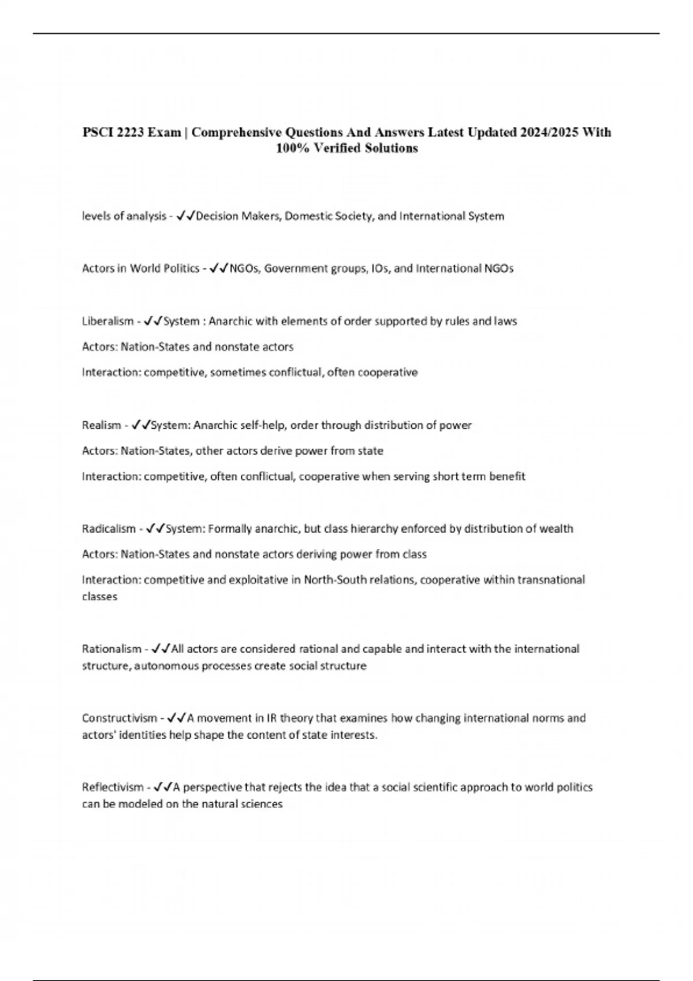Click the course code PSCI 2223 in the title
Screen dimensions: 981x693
[x=113, y=133]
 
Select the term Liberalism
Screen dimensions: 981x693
[x=107, y=321]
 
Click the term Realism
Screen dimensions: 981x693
[x=101, y=425]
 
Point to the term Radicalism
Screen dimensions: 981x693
[x=109, y=529]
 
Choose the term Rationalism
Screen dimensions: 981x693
[x=111, y=649]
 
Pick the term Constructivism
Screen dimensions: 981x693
[x=119, y=718]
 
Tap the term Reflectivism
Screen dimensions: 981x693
[x=113, y=787]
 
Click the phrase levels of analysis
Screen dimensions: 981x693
[x=124, y=216]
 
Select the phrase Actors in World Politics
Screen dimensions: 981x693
[x=140, y=268]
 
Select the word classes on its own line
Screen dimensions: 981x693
[x=99, y=597]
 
